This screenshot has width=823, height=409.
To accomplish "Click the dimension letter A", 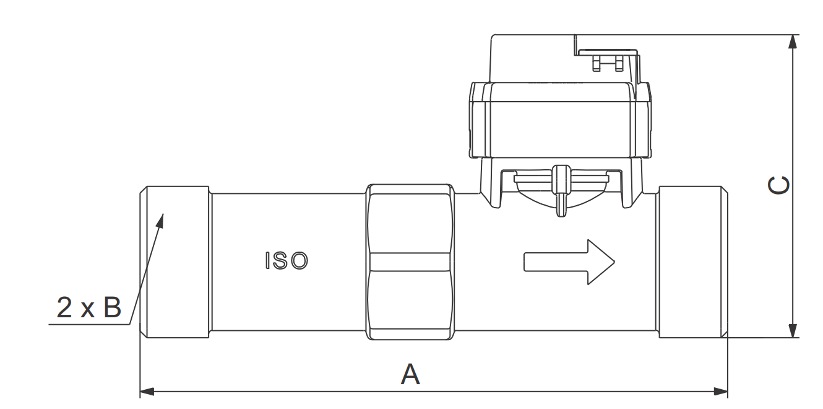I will tap(410, 374).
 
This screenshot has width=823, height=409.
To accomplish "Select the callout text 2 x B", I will tap(89, 308).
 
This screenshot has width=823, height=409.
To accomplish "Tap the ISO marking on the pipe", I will tap(286, 261).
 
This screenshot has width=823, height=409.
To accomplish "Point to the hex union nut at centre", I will tap(410, 262).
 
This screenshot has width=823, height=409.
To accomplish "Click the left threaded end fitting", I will tap(176, 262).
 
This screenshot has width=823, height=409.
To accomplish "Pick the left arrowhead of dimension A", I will tap(147, 392).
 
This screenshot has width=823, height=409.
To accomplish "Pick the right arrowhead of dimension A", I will tap(721, 392).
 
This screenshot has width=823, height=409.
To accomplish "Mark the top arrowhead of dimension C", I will tap(793, 42).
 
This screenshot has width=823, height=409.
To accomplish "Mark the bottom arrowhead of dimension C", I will tap(793, 331).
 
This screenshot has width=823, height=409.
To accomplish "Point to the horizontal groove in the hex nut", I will tap(410, 262).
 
